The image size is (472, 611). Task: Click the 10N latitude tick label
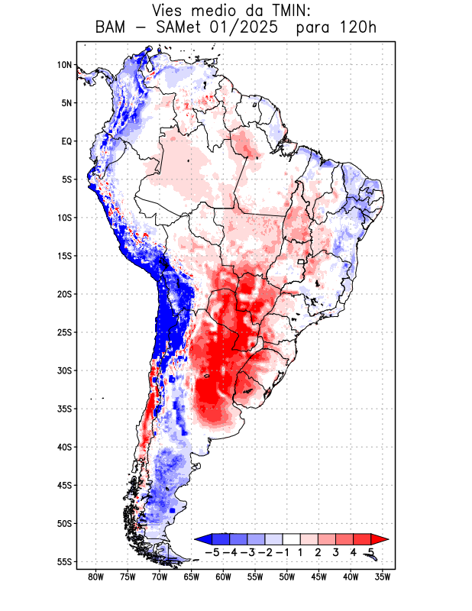(64, 65)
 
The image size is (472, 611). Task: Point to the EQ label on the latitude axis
(66, 141)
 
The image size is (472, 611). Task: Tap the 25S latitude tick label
(64, 332)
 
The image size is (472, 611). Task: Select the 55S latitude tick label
(64, 562)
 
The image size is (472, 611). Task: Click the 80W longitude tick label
(96, 577)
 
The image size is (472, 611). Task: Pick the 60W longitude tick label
(223, 577)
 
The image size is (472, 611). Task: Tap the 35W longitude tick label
(383, 577)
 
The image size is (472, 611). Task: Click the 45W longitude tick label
(318, 577)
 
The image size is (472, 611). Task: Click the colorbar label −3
(247, 552)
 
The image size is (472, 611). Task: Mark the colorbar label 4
(354, 552)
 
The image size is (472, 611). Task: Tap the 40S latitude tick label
(64, 447)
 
